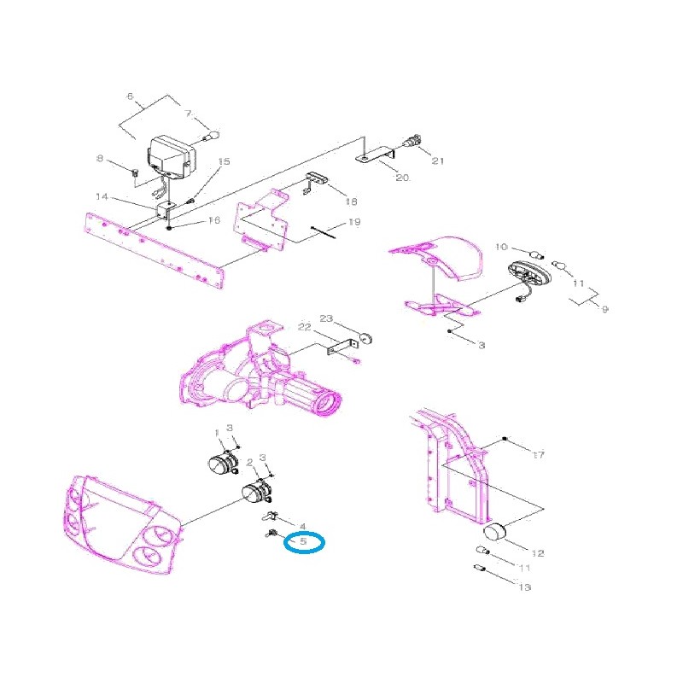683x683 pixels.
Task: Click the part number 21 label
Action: coord(438,161)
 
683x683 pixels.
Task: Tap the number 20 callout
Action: coord(402,178)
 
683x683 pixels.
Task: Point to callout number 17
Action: coord(538,455)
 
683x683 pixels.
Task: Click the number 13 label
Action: coord(524,587)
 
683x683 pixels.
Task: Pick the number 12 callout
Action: coord(537,553)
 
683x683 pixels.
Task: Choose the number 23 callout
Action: coord(325,318)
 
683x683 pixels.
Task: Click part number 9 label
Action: coord(604,309)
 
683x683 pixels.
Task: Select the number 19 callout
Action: coord(353,223)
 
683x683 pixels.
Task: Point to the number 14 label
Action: coord(102,197)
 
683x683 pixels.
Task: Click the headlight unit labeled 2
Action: coord(257,493)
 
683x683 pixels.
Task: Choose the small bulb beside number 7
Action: coord(214,135)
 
